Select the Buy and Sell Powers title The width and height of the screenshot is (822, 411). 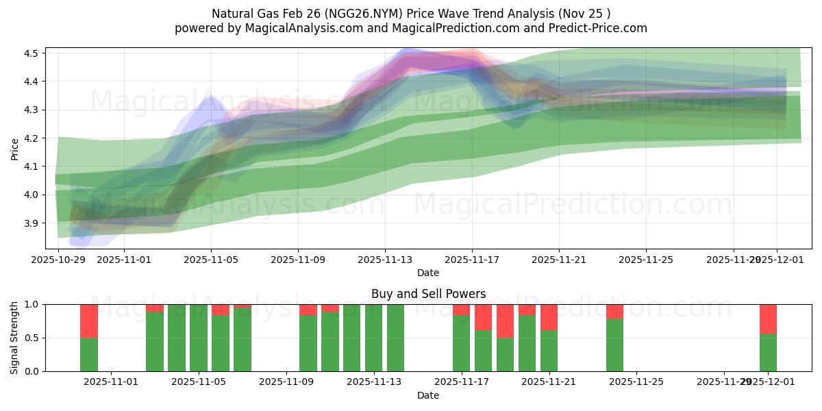click(428, 294)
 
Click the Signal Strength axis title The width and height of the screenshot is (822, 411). click(15, 338)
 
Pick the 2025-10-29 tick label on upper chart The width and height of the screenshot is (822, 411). click(58, 260)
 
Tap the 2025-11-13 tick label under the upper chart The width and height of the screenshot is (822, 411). click(385, 260)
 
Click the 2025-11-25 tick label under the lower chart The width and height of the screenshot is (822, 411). click(636, 382)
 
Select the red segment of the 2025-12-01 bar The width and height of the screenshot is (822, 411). click(768, 319)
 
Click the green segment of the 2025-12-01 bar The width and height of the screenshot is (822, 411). click(768, 352)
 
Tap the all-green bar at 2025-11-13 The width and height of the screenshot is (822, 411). click(374, 338)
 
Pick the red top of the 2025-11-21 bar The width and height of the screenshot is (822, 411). click(549, 317)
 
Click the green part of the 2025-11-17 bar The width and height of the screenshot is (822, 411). click(462, 342)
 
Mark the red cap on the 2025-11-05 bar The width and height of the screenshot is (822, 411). click(221, 310)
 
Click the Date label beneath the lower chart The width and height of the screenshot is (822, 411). click(428, 395)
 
